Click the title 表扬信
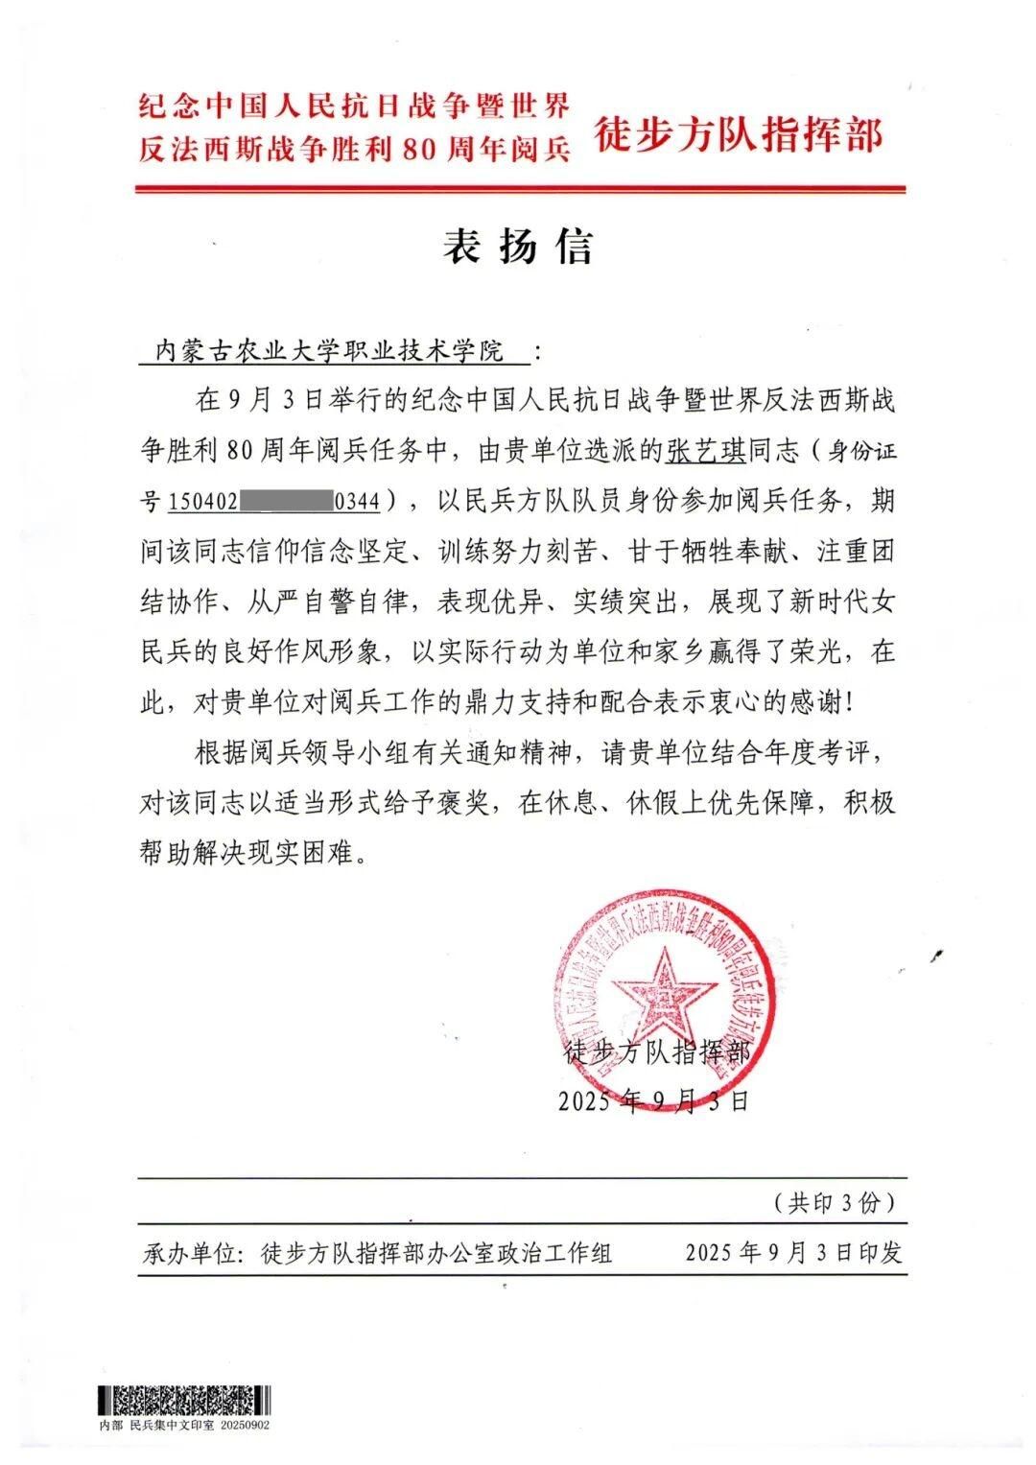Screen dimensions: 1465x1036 tap(518, 247)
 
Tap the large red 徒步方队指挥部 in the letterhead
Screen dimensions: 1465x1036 tap(738, 135)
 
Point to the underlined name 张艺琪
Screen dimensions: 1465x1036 tap(699, 448)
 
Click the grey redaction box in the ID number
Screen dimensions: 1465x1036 tap(285, 500)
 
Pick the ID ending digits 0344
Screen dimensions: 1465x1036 tap(356, 500)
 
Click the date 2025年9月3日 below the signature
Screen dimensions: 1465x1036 tap(653, 1100)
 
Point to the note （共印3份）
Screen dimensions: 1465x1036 tap(834, 1202)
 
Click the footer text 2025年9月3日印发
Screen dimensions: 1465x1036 tap(794, 1253)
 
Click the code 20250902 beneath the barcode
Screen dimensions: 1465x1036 tap(245, 1425)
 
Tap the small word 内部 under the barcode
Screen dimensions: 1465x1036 tap(111, 1425)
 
